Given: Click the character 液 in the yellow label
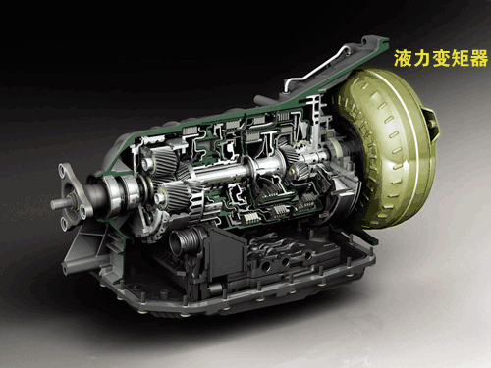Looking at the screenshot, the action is pos(403,58).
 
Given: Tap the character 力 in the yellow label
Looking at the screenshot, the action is pos(422,58).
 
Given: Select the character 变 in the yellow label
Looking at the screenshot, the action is pos(441,58).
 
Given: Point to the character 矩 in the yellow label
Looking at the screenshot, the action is pos(460,58).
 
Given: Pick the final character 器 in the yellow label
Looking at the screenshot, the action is pos(479,58).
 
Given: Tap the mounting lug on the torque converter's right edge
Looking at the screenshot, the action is pos(433,125).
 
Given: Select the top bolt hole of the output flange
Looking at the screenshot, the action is pos(62,170).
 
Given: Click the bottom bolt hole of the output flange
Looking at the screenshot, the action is pos(63,223).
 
